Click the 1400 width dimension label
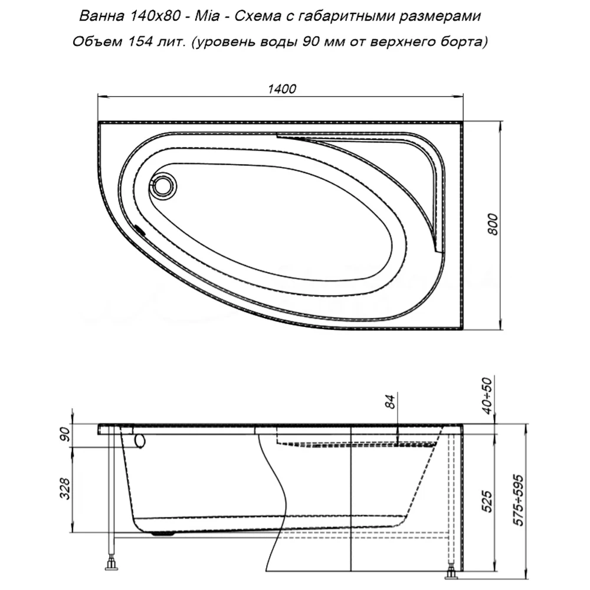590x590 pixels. click(x=282, y=89)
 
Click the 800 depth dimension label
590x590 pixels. click(x=493, y=225)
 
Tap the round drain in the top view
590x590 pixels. click(x=163, y=186)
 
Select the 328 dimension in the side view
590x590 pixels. click(x=65, y=489)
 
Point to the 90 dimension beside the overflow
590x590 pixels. click(x=65, y=435)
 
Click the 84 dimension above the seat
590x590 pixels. click(x=391, y=401)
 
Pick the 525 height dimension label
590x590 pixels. click(x=487, y=501)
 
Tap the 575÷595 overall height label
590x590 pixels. click(x=519, y=500)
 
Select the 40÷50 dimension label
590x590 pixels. click(x=487, y=396)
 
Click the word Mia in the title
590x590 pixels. click(x=207, y=16)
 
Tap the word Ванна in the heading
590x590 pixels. click(x=101, y=16)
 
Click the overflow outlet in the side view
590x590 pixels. click(x=140, y=441)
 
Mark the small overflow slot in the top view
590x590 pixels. click(x=140, y=229)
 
